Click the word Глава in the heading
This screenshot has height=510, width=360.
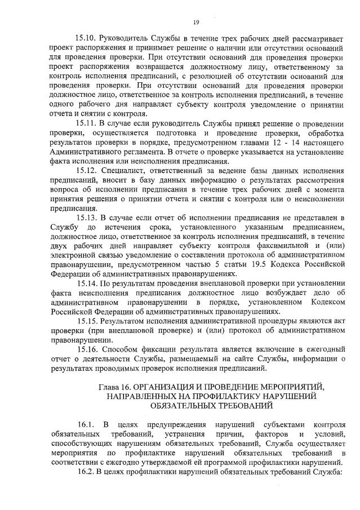[109, 387]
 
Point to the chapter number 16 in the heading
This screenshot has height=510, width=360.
[128, 387]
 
